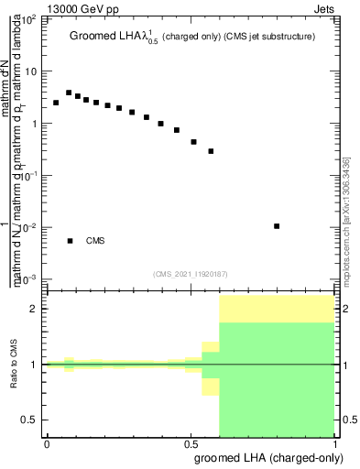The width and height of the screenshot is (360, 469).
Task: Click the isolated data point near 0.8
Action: click(x=277, y=225)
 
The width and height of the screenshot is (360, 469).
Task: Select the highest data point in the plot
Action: click(x=69, y=93)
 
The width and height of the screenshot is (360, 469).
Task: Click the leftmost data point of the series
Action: click(x=56, y=103)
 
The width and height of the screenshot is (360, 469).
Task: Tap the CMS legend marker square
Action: click(x=70, y=241)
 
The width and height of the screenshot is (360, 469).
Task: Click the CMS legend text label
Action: click(x=95, y=241)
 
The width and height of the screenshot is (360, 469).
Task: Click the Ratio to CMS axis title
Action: click(x=15, y=364)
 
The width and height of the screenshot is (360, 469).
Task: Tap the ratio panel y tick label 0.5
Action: click(x=30, y=420)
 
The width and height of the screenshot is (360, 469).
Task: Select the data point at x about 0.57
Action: click(x=211, y=151)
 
